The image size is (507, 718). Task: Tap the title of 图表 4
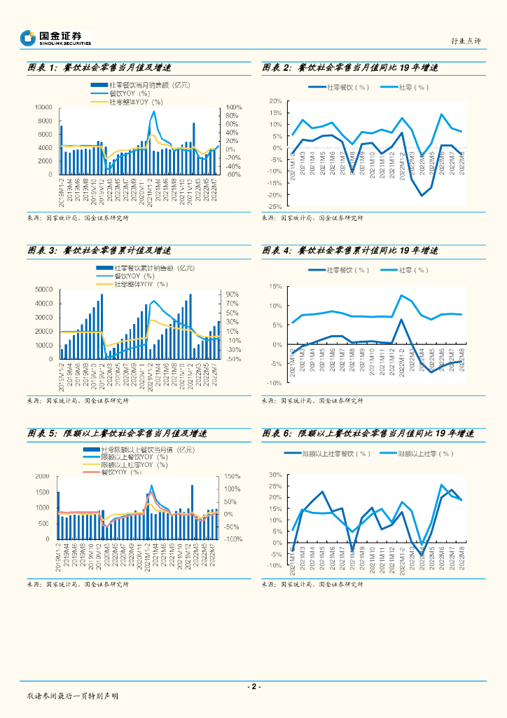tap(349, 250)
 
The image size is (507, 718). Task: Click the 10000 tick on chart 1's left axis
tap(44, 107)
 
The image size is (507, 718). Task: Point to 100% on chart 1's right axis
tap(232, 107)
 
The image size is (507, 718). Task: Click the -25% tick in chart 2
tap(274, 207)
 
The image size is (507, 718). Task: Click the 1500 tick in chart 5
tap(43, 475)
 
